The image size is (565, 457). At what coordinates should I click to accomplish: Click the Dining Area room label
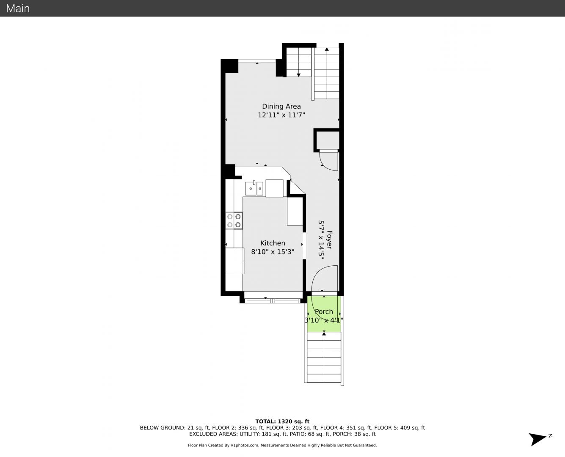(x=281, y=106)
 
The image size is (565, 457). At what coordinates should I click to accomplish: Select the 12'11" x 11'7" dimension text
(x=281, y=115)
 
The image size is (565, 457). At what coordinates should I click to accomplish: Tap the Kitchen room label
(x=273, y=243)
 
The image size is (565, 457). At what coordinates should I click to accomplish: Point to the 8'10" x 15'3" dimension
(x=273, y=252)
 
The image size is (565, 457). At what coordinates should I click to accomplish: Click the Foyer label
(x=329, y=240)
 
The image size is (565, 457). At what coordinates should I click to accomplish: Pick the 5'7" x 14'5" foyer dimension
(x=321, y=240)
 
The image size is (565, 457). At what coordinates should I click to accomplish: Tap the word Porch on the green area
(x=324, y=312)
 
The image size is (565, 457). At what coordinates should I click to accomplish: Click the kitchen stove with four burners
(x=234, y=221)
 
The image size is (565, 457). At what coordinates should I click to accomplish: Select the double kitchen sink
(x=254, y=188)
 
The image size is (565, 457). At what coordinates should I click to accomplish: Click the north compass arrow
(x=537, y=439)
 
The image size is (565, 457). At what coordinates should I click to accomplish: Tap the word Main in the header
(x=18, y=8)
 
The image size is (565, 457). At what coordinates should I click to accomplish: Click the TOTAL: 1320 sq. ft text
(x=282, y=421)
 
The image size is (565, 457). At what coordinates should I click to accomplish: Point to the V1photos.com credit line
(x=282, y=445)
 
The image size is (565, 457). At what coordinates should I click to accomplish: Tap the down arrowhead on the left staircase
(x=298, y=75)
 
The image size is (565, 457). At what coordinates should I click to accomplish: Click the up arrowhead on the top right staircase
(x=327, y=49)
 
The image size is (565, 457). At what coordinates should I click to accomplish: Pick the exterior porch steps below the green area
(x=324, y=357)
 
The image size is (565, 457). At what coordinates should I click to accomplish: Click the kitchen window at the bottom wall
(x=273, y=301)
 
